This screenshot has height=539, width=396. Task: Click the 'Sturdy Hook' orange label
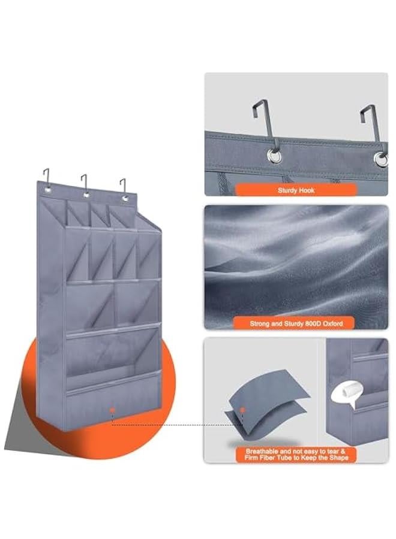pyautogui.click(x=296, y=190)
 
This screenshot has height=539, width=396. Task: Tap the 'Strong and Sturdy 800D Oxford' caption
pyautogui.click(x=296, y=323)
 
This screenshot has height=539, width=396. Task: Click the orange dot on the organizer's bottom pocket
pyautogui.click(x=111, y=410)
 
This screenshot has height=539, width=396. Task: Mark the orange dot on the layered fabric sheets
pyautogui.click(x=242, y=410)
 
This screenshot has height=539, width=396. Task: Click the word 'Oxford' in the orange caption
pyautogui.click(x=331, y=323)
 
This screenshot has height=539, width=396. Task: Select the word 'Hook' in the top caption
pyautogui.click(x=306, y=190)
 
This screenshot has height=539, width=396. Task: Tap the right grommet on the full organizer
pyautogui.click(x=125, y=198)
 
